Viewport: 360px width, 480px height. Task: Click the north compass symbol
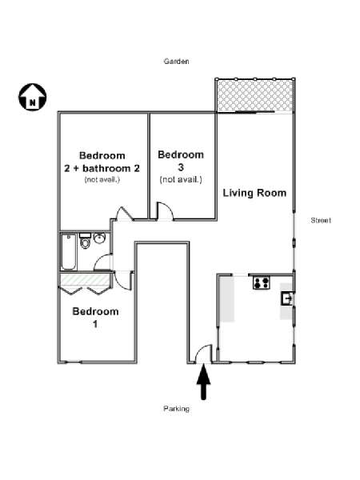[33, 97]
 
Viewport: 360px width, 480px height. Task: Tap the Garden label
[176, 62]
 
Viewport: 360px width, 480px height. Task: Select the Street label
[321, 220]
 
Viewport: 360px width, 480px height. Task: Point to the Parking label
[176, 409]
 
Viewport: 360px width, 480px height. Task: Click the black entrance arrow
[203, 382]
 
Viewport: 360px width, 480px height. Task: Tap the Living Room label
[254, 193]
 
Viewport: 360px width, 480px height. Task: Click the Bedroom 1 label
[95, 318]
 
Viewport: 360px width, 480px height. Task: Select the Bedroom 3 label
[181, 161]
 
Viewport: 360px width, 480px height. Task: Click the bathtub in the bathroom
[68, 252]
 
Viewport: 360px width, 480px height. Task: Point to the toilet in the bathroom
[85, 241]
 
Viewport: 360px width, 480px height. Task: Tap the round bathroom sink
[99, 238]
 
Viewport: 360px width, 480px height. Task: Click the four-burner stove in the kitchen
[262, 282]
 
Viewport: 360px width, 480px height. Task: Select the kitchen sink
[287, 298]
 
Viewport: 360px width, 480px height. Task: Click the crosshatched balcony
[254, 96]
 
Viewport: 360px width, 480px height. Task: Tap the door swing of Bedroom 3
[166, 211]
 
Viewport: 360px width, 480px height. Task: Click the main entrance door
[203, 354]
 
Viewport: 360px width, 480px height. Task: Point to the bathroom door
[103, 262]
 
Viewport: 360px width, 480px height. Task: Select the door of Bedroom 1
[123, 281]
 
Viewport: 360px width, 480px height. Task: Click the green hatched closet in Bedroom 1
[85, 280]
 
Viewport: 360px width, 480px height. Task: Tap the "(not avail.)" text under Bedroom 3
[181, 179]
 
